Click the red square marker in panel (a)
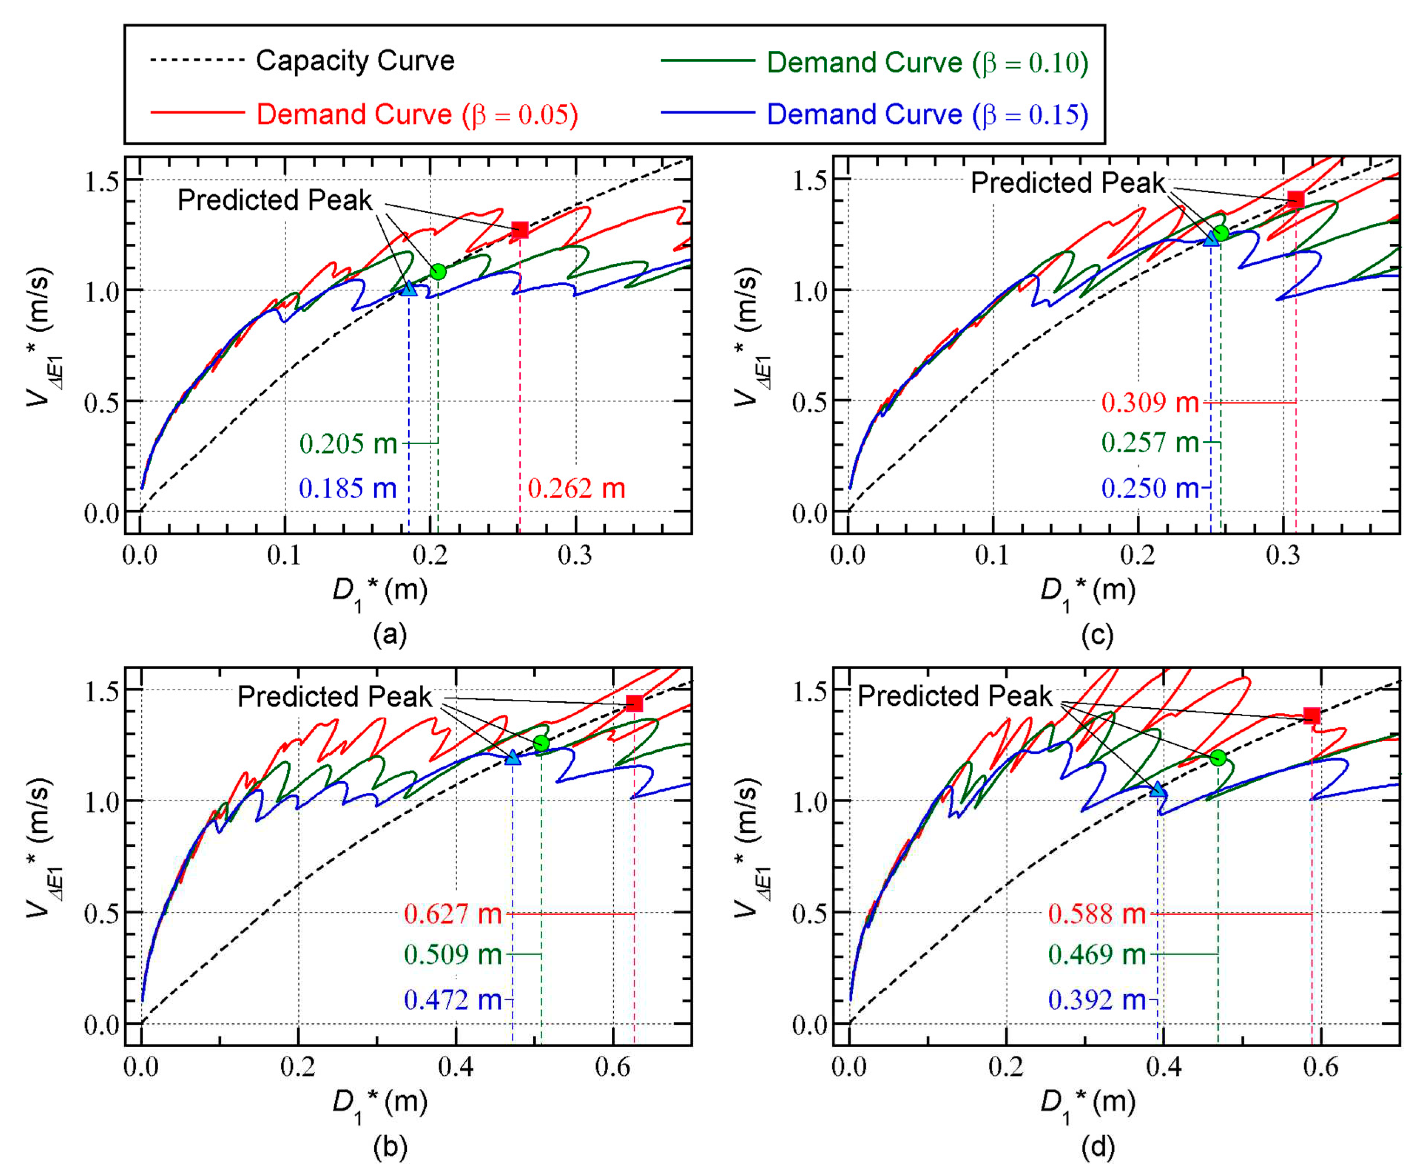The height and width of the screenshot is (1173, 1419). pyautogui.click(x=519, y=230)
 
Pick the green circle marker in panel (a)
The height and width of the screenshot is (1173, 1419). pyautogui.click(x=437, y=272)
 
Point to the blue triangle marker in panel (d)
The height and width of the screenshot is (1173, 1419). pyautogui.click(x=1158, y=789)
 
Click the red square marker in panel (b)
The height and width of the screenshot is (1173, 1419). pyautogui.click(x=634, y=704)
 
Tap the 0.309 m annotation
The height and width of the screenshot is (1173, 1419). pyautogui.click(x=1149, y=403)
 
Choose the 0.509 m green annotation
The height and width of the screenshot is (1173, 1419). pyautogui.click(x=453, y=954)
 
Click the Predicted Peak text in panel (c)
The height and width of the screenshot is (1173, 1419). pyautogui.click(x=1067, y=182)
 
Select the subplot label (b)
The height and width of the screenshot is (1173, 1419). pyautogui.click(x=390, y=1147)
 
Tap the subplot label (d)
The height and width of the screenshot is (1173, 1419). pyautogui.click(x=1098, y=1147)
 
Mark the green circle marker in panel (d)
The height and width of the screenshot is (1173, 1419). pyautogui.click(x=1218, y=758)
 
